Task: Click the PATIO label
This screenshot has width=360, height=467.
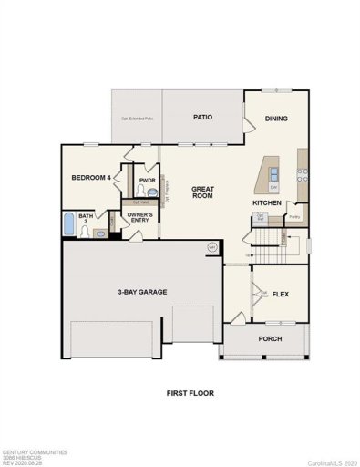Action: point(202,118)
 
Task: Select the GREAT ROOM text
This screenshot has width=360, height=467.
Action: point(202,192)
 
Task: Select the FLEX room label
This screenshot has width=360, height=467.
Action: point(283,294)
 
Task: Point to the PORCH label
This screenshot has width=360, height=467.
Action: point(270,338)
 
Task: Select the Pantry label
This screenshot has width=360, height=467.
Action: point(294,217)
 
